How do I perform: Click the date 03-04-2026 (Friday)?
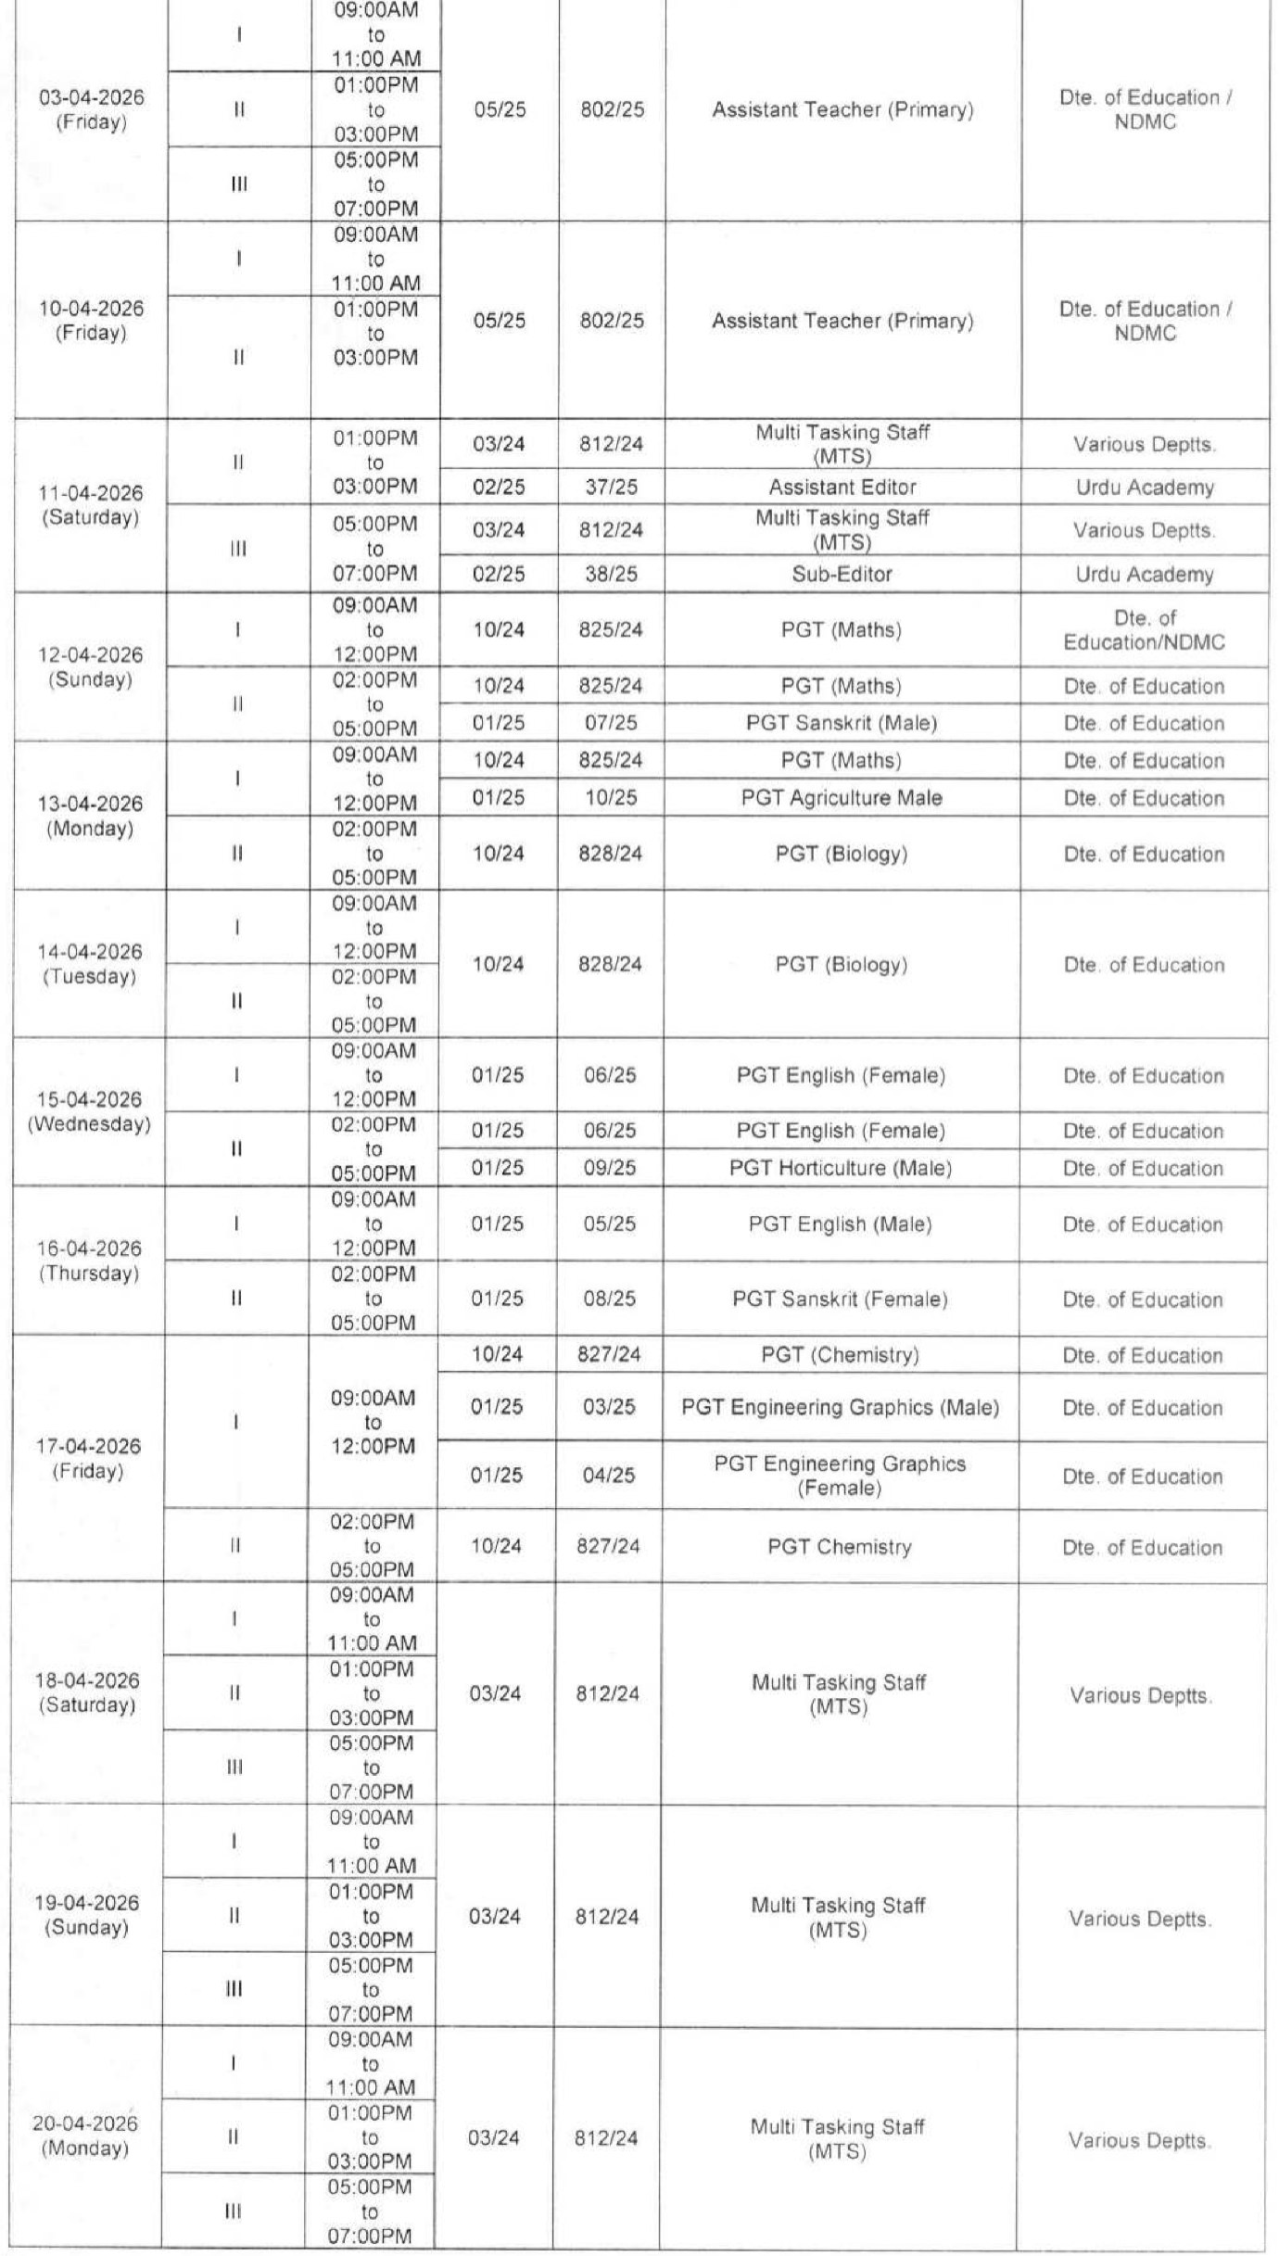91,109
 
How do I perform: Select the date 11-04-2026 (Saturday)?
90,505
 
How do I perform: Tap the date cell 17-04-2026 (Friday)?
89,1458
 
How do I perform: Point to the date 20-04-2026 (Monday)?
85,2135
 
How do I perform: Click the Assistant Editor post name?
842,487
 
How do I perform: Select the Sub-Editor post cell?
842,574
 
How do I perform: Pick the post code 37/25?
611,487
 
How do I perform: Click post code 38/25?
611,574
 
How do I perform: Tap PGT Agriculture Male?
842,797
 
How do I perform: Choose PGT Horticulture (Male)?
841,1168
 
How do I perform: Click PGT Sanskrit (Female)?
840,1299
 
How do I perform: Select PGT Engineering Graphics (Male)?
840,1407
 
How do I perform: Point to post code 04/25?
609,1475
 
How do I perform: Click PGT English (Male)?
840,1224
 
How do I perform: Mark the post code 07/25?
611,722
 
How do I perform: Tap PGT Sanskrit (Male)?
842,722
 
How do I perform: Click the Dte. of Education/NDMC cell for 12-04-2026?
1145,629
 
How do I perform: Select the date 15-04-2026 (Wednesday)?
89,1111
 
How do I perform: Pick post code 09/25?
610,1168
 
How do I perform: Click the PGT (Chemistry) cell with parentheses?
840,1355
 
